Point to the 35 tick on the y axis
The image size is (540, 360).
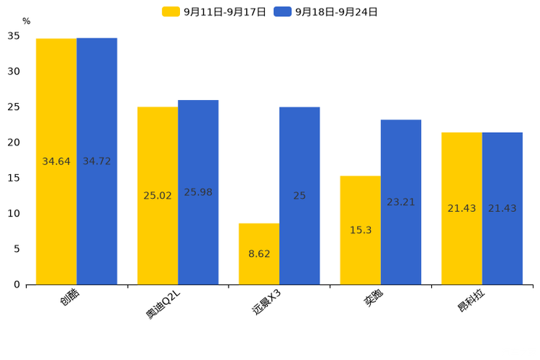click(14, 36)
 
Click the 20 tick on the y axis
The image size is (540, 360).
click(14, 142)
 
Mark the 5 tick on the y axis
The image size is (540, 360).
click(17, 249)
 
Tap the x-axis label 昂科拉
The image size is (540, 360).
click(471, 302)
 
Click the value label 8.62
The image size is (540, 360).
click(259, 254)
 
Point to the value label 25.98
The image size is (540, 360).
click(198, 192)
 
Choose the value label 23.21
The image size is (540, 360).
click(401, 202)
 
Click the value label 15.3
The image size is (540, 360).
click(361, 230)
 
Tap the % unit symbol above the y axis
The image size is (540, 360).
click(26, 22)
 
